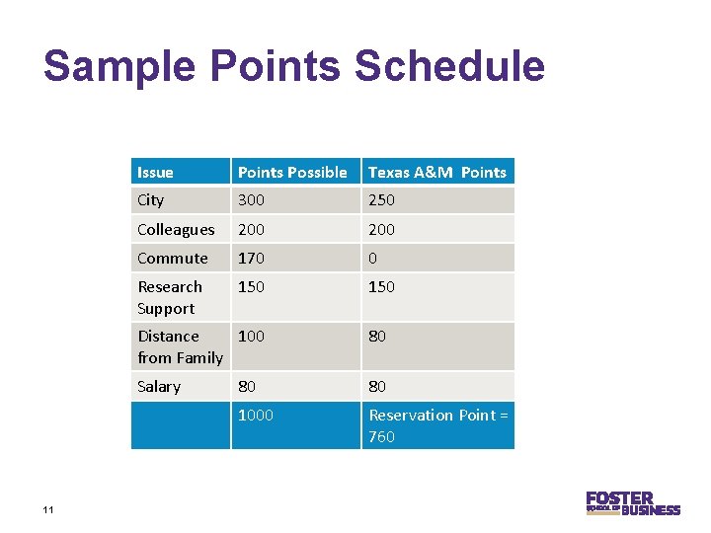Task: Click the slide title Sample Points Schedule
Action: pos(293,66)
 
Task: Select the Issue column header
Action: pos(155,173)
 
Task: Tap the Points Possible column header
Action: pos(292,173)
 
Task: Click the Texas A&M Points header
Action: pos(436,173)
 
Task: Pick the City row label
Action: pos(151,200)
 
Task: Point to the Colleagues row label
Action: pos(176,230)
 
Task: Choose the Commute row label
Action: pos(173,259)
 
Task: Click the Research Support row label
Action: pos(170,297)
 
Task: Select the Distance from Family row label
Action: pos(180,346)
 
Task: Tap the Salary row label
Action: pos(159,387)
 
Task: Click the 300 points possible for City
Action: pos(252,200)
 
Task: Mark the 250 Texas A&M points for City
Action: pos(381,200)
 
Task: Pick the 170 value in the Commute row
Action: pos(252,259)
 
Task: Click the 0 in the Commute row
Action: pos(373,259)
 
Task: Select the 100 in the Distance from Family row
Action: pos(252,337)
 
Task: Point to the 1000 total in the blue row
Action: pos(256,416)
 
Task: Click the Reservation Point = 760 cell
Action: pos(437,425)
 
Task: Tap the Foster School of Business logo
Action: pos(632,503)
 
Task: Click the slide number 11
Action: pos(47,509)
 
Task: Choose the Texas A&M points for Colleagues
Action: pos(381,230)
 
